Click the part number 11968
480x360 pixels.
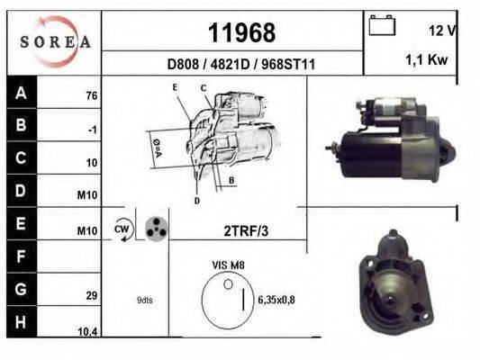tap(241, 33)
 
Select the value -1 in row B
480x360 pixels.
tap(92, 130)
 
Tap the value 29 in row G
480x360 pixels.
tap(91, 295)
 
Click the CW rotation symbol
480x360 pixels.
tap(122, 229)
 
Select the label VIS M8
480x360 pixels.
tap(228, 265)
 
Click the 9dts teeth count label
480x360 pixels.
tap(145, 300)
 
